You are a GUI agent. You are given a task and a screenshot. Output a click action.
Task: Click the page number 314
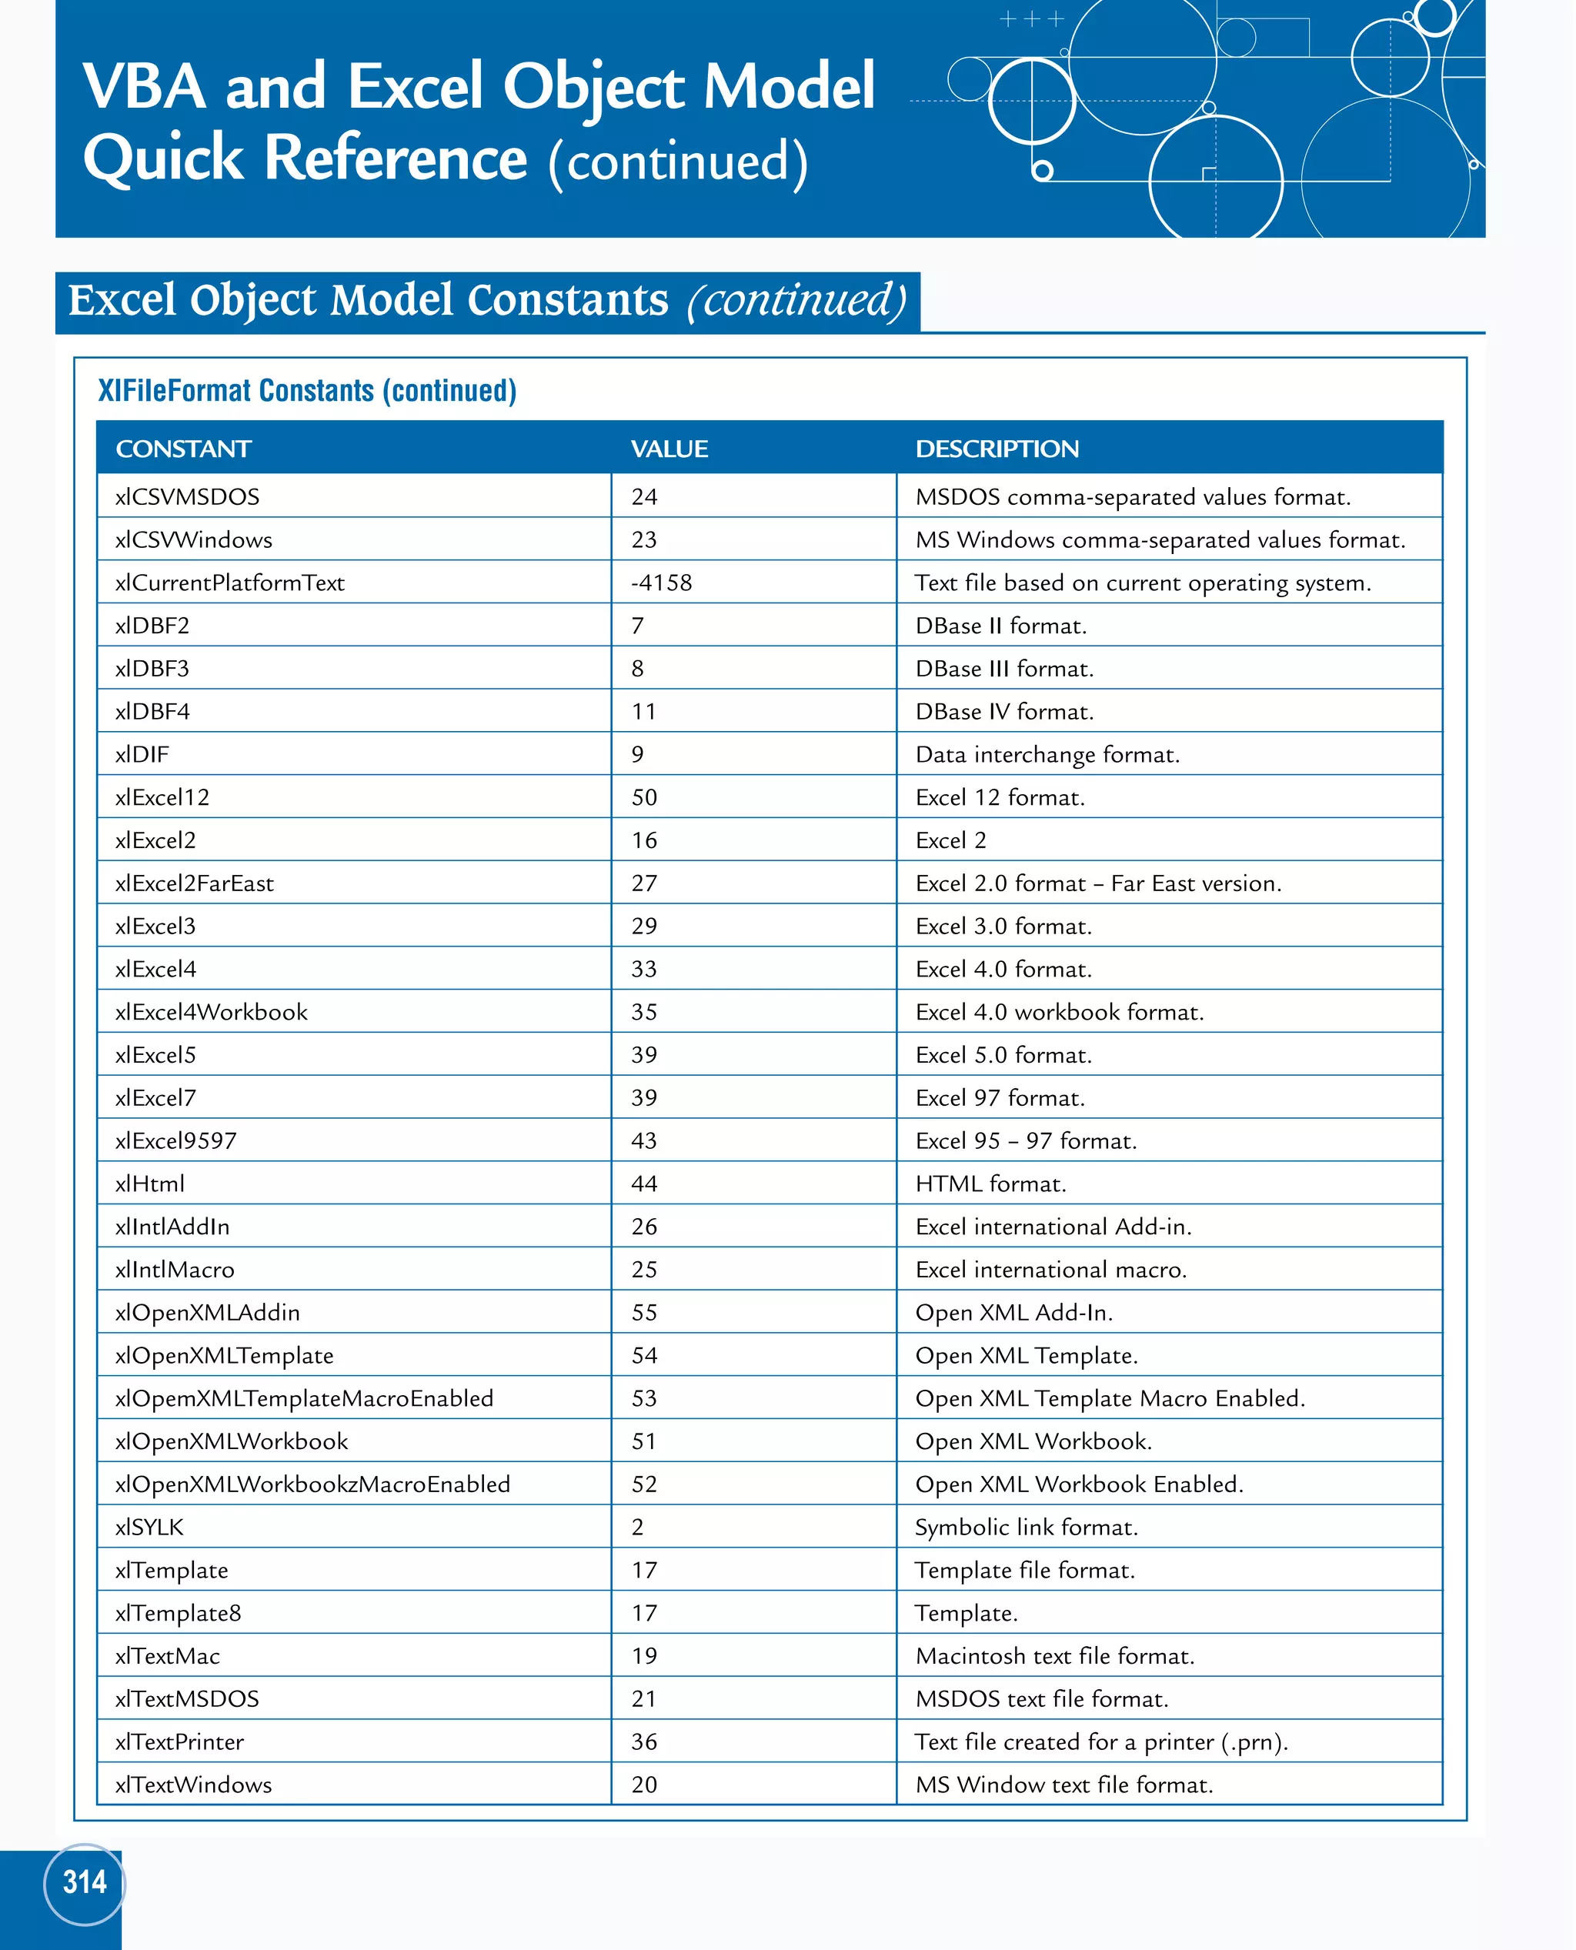point(85,1883)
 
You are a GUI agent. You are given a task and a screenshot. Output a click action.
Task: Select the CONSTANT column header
point(183,449)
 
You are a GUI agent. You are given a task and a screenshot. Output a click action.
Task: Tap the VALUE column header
point(669,449)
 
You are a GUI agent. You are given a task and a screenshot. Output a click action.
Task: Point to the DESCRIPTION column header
point(997,449)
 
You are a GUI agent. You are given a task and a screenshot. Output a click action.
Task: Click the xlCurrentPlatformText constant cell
point(229,583)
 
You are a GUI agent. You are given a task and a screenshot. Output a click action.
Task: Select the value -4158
point(662,583)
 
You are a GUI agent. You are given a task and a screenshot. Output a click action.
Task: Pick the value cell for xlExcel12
point(645,798)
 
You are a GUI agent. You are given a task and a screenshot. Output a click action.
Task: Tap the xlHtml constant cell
point(150,1184)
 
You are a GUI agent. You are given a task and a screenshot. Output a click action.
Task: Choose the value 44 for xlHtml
point(645,1184)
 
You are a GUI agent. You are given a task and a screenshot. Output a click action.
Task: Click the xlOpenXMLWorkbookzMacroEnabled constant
point(312,1484)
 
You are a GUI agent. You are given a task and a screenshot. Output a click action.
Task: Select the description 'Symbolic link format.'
point(1026,1528)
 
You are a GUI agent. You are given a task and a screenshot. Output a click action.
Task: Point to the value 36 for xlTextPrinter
point(645,1742)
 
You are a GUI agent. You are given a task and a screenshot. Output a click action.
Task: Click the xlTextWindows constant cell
point(193,1785)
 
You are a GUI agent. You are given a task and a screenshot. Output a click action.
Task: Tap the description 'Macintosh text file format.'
point(1055,1656)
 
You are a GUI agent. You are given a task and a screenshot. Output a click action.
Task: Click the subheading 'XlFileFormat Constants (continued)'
point(307,390)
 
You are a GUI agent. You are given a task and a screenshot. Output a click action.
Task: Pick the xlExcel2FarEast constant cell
point(194,883)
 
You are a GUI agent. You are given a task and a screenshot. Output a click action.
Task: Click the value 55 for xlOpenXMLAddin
point(645,1313)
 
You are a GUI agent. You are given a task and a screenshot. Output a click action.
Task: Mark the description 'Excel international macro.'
point(1051,1270)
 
